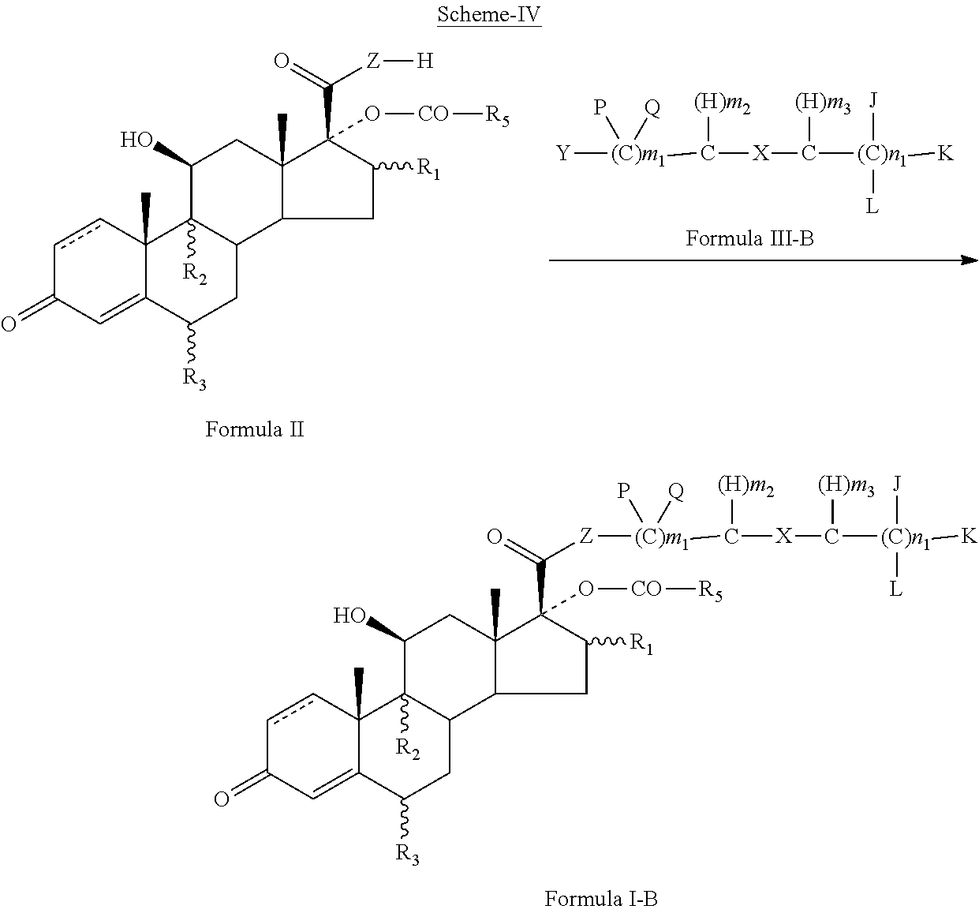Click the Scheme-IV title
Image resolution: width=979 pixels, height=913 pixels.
pos(489,14)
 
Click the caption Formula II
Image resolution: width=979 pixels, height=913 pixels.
pos(254,429)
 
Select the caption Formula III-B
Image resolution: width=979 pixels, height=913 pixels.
pos(749,238)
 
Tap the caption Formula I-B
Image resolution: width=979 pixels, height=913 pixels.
pos(601,899)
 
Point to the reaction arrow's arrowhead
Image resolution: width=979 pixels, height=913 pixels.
pos(970,260)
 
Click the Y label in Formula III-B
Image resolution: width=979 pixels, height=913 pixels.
pos(563,153)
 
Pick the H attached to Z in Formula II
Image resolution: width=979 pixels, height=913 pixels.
pos(425,62)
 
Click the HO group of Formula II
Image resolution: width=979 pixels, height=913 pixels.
pos(136,140)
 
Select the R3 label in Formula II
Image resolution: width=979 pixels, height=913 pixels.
pos(194,378)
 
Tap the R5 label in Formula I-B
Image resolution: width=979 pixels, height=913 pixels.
pos(710,590)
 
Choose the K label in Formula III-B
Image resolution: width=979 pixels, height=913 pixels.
pos(946,153)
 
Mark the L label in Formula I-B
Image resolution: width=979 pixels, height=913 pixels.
pos(895,589)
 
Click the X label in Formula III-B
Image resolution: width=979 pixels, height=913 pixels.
pos(760,153)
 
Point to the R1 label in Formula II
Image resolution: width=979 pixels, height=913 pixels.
pos(428,169)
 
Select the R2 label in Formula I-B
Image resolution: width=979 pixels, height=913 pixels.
pos(408,749)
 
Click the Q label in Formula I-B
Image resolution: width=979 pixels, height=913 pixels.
pos(676,492)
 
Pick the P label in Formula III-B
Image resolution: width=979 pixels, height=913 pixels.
pos(600,107)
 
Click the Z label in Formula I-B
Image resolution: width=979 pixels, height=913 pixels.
pos(585,536)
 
